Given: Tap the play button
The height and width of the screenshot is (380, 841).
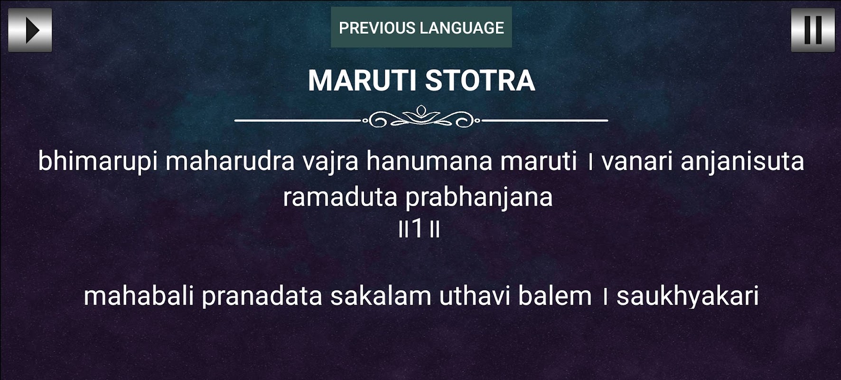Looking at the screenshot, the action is tap(30, 30).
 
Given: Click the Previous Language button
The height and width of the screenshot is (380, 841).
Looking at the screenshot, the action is tap(421, 28).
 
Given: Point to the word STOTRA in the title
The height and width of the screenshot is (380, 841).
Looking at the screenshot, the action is tap(480, 80).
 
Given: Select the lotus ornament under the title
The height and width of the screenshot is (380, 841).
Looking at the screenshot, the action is tap(421, 117).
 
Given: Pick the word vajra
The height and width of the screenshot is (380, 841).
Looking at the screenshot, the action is tap(330, 161).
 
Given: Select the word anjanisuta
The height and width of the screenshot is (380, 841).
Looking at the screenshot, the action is tap(742, 161).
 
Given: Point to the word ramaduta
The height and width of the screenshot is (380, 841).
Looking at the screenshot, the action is tap(340, 197).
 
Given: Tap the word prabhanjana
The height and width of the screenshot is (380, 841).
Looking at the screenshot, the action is tap(479, 198).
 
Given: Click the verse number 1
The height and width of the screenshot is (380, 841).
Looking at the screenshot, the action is tap(417, 228).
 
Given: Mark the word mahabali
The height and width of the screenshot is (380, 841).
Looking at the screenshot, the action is tap(139, 295).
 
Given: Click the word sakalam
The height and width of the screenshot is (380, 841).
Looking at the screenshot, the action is tap(381, 295).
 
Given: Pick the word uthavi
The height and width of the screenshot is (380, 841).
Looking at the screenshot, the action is tap(474, 295).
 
